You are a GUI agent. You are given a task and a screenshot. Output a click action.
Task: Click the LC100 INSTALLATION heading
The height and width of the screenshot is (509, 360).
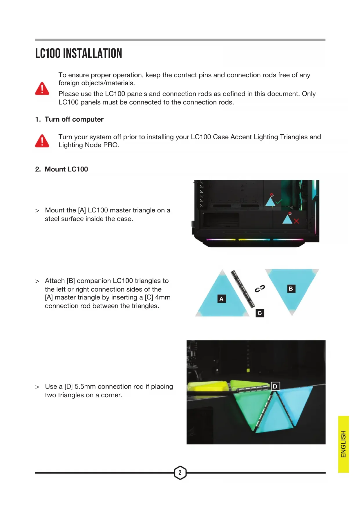pos(79,54)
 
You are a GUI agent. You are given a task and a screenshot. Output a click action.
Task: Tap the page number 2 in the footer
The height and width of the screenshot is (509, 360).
pos(180,472)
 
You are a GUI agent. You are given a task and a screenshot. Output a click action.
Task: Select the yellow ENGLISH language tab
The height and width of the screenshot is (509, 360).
pos(343,444)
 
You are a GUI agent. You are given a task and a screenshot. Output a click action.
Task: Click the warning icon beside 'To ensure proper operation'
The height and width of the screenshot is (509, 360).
pos(42,89)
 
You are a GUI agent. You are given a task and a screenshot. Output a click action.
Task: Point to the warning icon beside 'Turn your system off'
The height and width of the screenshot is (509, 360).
pos(42,141)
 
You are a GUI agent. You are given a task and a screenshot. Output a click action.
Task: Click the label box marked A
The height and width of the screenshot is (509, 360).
pos(222,299)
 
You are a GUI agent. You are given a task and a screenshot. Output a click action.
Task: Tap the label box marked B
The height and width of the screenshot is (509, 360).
pos(291,289)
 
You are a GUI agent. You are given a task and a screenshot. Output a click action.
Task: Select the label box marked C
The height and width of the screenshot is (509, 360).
pos(260,313)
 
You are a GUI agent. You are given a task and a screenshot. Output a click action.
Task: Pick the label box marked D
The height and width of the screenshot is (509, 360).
pos(275,386)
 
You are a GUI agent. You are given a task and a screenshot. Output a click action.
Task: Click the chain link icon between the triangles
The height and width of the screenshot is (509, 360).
pos(260,288)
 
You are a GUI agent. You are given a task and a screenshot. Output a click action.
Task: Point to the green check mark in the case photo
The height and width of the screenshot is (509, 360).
pos(279,201)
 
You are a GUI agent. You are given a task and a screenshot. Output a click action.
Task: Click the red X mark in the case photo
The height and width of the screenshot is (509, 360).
pos(296,221)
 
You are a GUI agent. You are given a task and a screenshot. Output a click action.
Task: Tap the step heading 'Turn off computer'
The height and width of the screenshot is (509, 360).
pos(74,119)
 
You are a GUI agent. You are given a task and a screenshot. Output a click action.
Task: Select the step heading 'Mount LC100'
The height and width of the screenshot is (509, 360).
pos(66,169)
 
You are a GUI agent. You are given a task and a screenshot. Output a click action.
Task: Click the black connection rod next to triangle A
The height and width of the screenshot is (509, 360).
pos(243,289)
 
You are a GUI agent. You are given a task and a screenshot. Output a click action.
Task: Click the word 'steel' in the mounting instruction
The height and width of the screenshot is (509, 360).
pos(52,219)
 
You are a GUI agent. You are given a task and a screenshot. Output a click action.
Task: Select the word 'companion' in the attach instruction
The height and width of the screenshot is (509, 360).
pos(94,281)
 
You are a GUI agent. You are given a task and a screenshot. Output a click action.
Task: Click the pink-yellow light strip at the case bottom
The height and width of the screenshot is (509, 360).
pos(221,240)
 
